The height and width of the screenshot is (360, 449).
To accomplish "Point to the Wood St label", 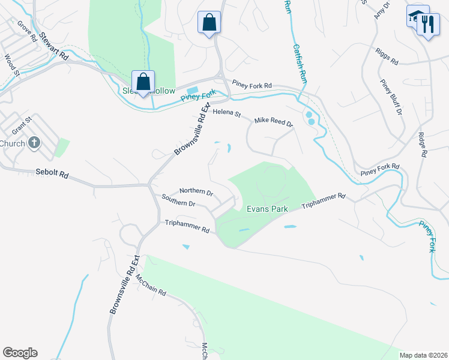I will point(11,65).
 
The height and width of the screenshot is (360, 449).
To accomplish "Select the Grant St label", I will point(21,127).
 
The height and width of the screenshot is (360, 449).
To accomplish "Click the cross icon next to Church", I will point(35,143).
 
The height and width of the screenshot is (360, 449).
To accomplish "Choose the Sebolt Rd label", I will point(52,175).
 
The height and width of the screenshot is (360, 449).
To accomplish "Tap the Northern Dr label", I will point(196,192).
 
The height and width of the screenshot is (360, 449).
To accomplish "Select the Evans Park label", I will point(268,209).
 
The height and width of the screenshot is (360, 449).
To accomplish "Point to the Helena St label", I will point(226,112).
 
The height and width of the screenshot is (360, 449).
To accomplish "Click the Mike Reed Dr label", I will point(273,122).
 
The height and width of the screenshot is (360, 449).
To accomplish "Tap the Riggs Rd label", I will point(387,58).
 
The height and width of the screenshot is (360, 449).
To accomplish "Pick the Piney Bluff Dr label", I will point(391,96).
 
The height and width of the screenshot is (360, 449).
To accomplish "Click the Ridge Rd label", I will point(423,144).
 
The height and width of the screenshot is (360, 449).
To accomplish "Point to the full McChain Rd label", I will point(150,286).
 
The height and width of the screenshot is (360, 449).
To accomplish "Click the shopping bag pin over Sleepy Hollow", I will point(143,82).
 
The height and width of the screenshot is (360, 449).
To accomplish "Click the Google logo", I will point(20,353).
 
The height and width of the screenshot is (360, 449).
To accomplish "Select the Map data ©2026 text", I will point(423,355).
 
